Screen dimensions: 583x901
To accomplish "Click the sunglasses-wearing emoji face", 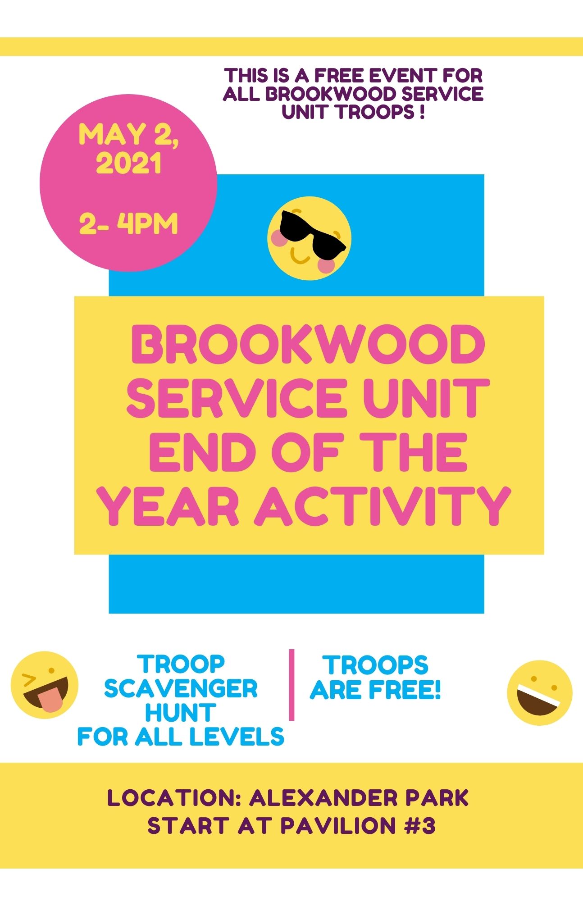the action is tap(309, 238).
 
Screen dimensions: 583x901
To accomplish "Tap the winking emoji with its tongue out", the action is tap(44, 685).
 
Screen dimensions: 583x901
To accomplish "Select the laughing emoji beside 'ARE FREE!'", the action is tap(539, 693).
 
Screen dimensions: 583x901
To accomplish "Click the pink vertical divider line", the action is tap(291, 685).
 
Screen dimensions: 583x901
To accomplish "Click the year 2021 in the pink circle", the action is tap(129, 163).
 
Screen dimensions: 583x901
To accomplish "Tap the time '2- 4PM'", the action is tap(129, 224).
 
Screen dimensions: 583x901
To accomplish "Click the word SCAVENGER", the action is tap(181, 688).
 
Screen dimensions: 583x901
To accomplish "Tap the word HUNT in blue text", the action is tap(181, 713).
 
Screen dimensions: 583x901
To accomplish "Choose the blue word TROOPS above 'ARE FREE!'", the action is tap(375, 665).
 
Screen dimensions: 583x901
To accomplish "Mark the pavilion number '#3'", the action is tap(420, 826).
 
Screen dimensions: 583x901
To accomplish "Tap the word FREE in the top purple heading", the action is tap(339, 75).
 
